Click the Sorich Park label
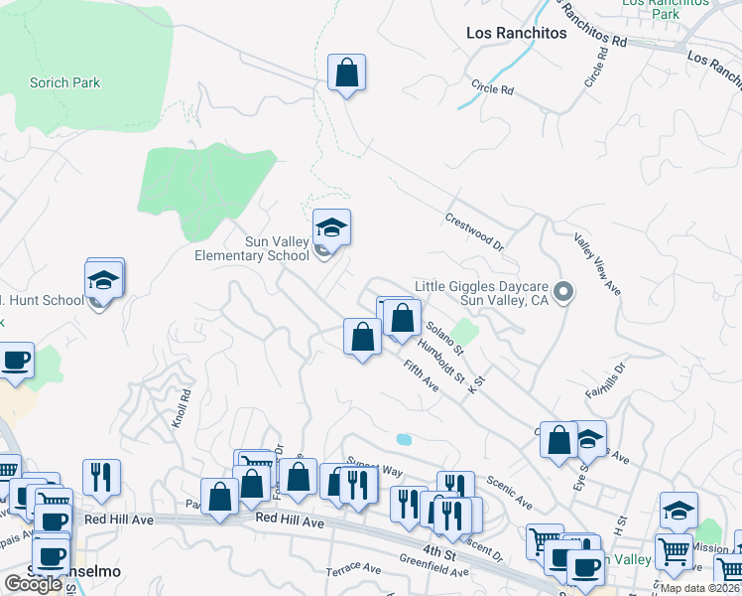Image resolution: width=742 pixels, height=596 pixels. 65,83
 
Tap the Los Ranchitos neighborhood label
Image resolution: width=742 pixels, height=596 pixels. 516,33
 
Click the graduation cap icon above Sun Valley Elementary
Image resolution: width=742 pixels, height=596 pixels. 332,228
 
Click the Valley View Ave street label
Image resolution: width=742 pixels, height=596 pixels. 597,263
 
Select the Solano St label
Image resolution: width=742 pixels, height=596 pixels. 444,338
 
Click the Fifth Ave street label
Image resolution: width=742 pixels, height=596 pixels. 421,375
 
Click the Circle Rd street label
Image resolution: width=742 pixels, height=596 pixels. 493,89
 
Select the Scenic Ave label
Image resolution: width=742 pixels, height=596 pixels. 509,491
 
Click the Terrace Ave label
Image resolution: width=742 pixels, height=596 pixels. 354,569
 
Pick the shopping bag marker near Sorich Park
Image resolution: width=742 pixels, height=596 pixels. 347,73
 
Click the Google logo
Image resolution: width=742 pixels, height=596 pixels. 33,584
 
